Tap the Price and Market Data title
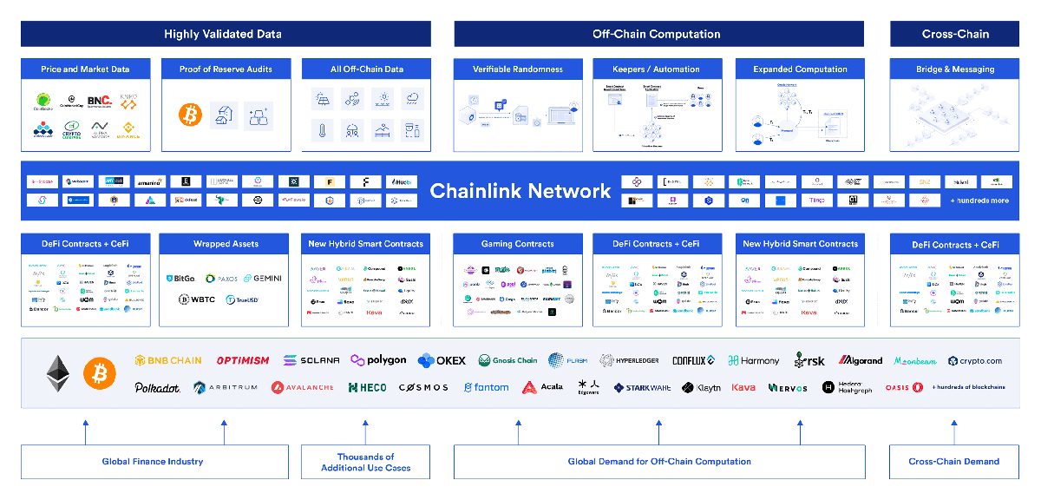(85, 69)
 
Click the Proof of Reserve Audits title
(226, 69)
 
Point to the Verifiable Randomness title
(517, 69)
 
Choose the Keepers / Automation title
(658, 69)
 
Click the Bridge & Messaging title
(955, 69)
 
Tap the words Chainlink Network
(520, 191)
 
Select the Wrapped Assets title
(226, 244)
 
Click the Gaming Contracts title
(517, 244)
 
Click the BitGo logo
(180, 279)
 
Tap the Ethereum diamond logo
(58, 372)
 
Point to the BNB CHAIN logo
(168, 360)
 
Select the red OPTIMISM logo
(243, 360)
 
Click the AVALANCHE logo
(302, 387)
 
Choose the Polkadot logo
(158, 387)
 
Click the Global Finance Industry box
(154, 462)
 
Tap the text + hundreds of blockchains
(968, 387)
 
